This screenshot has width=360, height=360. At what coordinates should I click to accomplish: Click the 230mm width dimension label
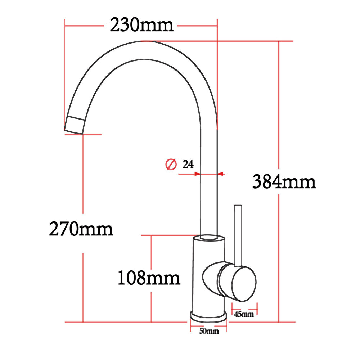pos(142,26)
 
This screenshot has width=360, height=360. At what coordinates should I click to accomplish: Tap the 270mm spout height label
pos(81,229)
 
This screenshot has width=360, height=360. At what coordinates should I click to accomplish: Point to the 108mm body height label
pos(149,278)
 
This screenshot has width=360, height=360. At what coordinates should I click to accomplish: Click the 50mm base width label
pos(209,331)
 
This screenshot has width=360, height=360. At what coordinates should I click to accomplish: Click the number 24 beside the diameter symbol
pos(188,165)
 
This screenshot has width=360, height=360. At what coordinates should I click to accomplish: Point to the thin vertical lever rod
pos(238,234)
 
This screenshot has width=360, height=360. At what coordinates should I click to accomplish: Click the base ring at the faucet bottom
pos(208,317)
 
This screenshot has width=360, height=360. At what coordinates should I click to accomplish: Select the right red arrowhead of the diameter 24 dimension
pos(221,174)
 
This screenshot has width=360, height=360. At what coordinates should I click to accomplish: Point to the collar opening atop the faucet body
pos(208,238)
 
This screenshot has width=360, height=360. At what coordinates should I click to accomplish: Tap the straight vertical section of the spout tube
pos(208,198)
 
